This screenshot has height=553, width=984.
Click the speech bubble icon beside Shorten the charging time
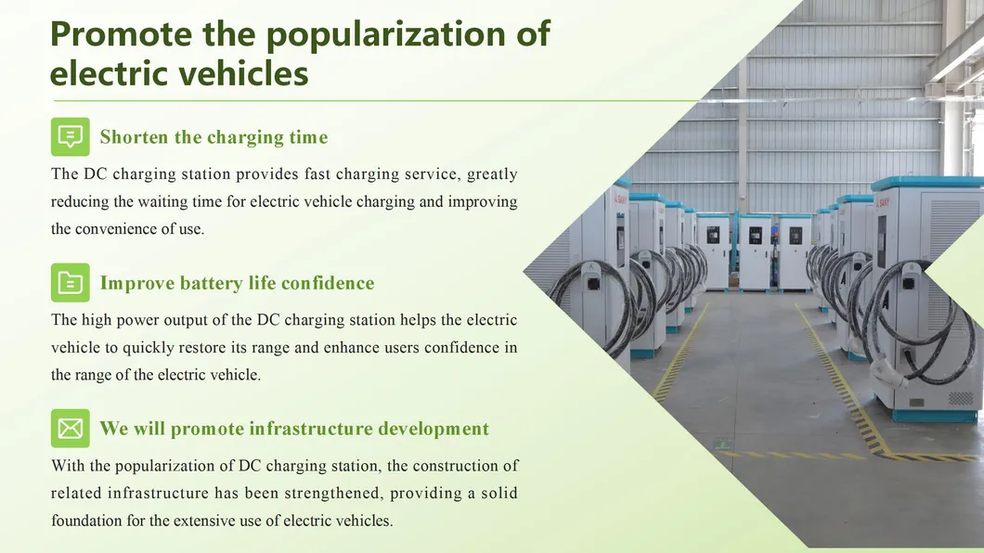click(71, 136)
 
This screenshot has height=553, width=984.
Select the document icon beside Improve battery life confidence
click(71, 282)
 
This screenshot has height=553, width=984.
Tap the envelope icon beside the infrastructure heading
click(71, 428)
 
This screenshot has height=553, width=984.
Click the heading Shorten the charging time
click(214, 137)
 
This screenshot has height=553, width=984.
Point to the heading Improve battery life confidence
click(237, 283)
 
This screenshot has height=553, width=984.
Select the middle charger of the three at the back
click(755, 251)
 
